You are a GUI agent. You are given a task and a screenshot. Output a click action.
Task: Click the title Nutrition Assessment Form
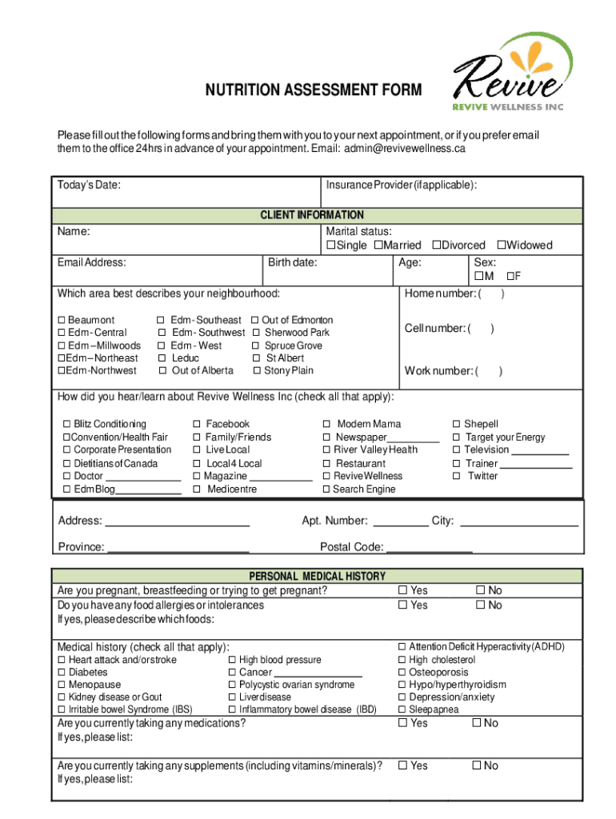(x=314, y=90)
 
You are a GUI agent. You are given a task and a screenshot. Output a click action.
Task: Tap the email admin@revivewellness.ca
(x=405, y=149)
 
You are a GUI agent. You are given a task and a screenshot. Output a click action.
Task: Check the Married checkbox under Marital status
(x=378, y=246)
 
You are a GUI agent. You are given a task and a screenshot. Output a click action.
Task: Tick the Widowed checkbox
(x=501, y=246)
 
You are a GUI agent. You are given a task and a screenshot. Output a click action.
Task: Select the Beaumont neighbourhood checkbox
(x=61, y=320)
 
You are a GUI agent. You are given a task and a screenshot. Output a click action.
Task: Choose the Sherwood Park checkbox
(x=256, y=333)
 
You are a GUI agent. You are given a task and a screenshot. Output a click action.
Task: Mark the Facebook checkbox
(x=197, y=424)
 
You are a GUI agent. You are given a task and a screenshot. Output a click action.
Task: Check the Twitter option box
(x=457, y=476)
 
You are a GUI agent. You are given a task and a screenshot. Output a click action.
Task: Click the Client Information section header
(x=311, y=215)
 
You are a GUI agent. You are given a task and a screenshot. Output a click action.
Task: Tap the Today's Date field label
(x=89, y=186)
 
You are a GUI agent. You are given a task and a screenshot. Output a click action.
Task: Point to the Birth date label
(x=292, y=262)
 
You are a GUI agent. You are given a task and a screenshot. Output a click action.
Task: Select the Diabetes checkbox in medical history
(x=61, y=673)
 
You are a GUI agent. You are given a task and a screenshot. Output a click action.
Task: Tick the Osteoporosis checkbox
(x=402, y=673)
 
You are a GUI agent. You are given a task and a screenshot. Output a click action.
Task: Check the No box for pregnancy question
(x=480, y=591)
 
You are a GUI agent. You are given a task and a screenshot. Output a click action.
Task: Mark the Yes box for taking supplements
(x=402, y=766)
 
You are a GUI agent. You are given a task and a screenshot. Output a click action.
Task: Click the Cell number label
(x=436, y=329)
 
